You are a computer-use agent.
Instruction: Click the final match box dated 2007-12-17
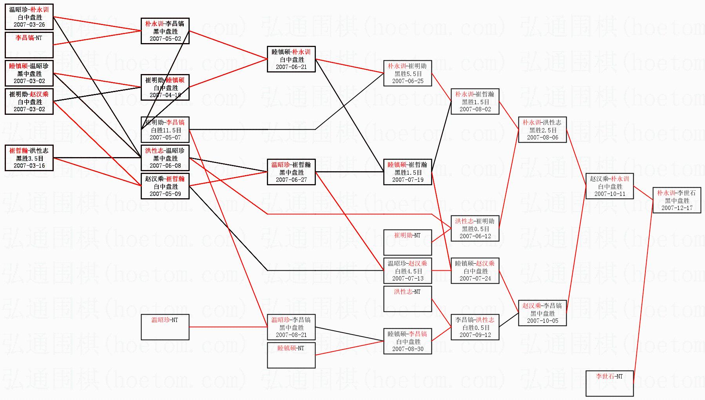point(677,200)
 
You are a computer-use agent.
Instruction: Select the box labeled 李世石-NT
point(609,383)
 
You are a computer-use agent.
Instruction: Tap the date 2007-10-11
point(609,194)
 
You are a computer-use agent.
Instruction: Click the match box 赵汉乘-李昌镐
point(542,313)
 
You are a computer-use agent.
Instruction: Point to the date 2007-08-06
point(542,138)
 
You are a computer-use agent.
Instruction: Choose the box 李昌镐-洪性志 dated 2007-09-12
point(475,327)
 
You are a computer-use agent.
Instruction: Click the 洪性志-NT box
point(408,299)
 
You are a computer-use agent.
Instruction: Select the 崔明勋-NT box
point(408,242)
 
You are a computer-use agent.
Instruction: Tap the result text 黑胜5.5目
point(408,74)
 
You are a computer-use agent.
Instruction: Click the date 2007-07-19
point(408,180)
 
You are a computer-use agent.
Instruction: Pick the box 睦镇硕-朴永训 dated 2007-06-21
point(291,59)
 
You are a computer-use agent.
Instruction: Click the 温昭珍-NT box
point(165,327)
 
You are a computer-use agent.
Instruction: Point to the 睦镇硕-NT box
point(291,355)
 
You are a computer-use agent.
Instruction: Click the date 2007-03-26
point(29,25)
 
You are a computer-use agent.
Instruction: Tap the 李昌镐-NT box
point(29,45)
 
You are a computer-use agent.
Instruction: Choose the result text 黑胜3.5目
point(29,158)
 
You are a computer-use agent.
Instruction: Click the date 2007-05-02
point(165,39)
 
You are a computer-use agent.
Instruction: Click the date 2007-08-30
point(408,349)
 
